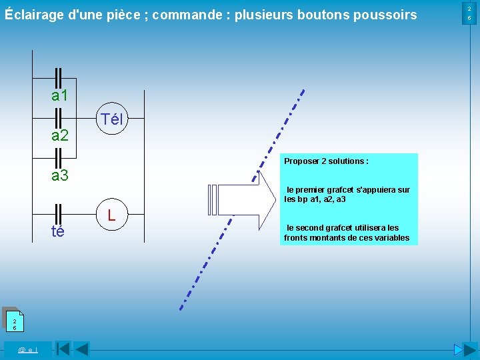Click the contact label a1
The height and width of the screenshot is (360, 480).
pos(60,96)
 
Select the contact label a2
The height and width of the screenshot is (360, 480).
pos(60,136)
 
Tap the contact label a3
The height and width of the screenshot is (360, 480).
pos(60,176)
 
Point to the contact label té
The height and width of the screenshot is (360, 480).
pos(58,231)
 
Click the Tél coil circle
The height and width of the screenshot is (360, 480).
pos(111,120)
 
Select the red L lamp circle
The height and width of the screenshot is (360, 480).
pos(111,215)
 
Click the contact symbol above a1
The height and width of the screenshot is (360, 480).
pos(58,76)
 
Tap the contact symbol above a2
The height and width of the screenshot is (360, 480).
pos(58,117)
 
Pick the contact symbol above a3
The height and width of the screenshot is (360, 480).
pos(58,157)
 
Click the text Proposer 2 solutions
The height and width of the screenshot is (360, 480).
pos(326,161)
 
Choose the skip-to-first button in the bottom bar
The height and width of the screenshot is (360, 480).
pos(63,349)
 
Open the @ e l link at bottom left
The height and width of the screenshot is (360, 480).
pos(27,349)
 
